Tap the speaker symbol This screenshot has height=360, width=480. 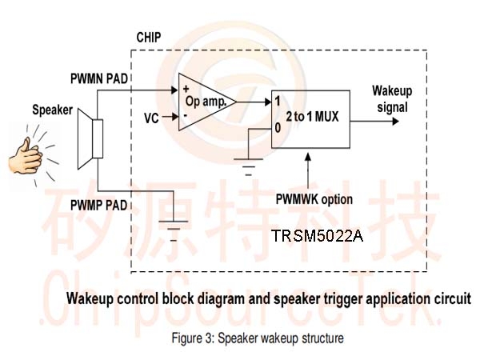click(x=90, y=138)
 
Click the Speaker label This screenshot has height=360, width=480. click(x=52, y=110)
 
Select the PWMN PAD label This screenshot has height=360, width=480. click(x=99, y=78)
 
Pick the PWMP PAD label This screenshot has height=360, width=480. click(x=98, y=205)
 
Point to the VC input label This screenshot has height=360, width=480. click(x=151, y=118)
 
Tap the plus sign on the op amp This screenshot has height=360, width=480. click(x=186, y=89)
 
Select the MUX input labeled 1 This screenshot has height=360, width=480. click(x=278, y=102)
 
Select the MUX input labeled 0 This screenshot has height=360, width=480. click(x=278, y=128)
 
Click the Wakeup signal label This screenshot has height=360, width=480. click(x=392, y=99)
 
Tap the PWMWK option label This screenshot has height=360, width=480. click(x=314, y=199)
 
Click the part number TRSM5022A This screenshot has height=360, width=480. click(x=317, y=236)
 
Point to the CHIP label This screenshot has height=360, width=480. click(x=149, y=38)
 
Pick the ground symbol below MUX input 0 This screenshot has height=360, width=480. click(x=248, y=167)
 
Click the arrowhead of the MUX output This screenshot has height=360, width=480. click(x=395, y=122)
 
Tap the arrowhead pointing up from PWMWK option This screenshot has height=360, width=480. click(x=308, y=157)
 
